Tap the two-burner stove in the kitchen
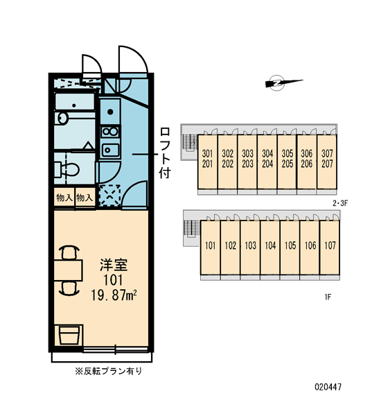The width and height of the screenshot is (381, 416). (110, 132)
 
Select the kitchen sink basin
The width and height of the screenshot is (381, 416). (110, 150)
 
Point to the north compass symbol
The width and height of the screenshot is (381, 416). (284, 83)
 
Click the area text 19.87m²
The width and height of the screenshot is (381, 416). (114, 295)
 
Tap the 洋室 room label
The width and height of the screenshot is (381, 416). (114, 265)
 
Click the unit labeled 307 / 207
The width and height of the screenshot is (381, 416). (327, 162)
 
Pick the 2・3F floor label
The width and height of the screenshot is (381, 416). (340, 203)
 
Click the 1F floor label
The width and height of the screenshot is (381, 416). (328, 297)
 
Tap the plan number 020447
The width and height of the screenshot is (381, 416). (328, 387)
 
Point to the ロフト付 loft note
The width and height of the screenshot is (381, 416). (165, 153)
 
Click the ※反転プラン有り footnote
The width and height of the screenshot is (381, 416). (109, 371)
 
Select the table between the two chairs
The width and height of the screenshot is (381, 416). (68, 270)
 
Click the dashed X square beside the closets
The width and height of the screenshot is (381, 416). (109, 196)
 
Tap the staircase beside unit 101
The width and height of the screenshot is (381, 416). (191, 229)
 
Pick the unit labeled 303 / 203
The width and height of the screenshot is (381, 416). (247, 162)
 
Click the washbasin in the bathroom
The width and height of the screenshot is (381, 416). (62, 118)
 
